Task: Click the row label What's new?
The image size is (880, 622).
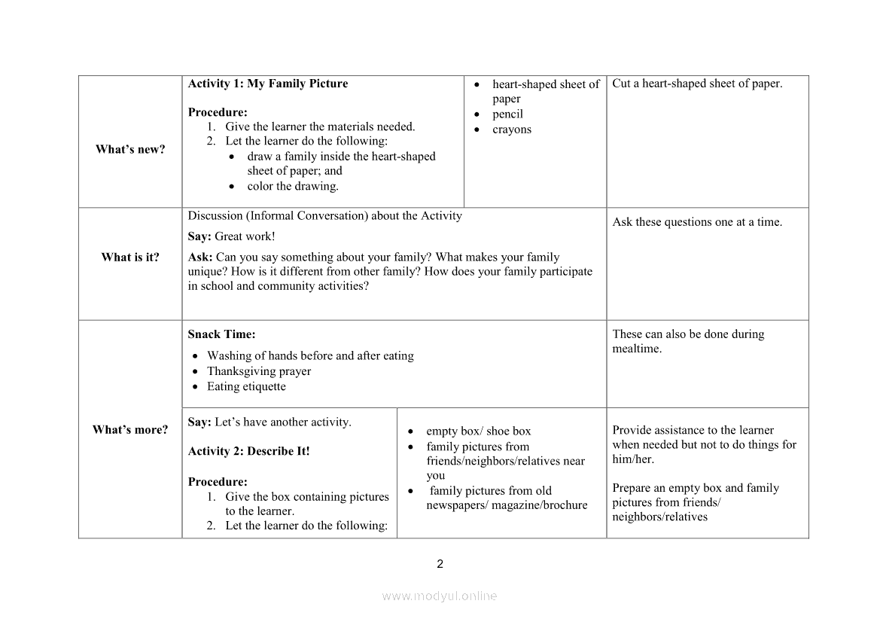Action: pyautogui.click(x=130, y=149)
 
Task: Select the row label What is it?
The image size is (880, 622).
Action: pyautogui.click(x=130, y=257)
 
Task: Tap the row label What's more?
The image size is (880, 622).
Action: pyautogui.click(x=130, y=429)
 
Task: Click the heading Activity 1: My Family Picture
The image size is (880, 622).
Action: pyautogui.click(x=268, y=84)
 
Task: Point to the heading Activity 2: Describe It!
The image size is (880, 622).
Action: pyautogui.click(x=248, y=451)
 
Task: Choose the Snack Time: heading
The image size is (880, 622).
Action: pyautogui.click(x=221, y=334)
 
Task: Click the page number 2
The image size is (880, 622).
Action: pyautogui.click(x=440, y=564)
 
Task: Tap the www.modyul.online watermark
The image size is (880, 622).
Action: pyautogui.click(x=440, y=596)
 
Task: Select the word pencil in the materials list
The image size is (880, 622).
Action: pyautogui.click(x=507, y=114)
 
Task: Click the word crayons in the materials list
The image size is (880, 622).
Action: pyautogui.click(x=512, y=130)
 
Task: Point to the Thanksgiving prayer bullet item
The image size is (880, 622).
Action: pyautogui.click(x=259, y=371)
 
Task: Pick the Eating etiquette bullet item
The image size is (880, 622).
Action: pyautogui.click(x=246, y=386)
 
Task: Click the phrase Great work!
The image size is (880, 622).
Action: pyautogui.click(x=245, y=236)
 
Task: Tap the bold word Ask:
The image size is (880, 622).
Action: pyautogui.click(x=200, y=257)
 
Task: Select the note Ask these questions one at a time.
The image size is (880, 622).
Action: pyautogui.click(x=697, y=222)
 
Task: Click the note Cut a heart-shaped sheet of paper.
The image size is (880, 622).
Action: pyautogui.click(x=697, y=84)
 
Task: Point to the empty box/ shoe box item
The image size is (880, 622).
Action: pyautogui.click(x=478, y=431)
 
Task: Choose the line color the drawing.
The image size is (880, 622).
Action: pyautogui.click(x=293, y=186)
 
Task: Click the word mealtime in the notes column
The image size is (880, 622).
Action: pyautogui.click(x=636, y=349)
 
